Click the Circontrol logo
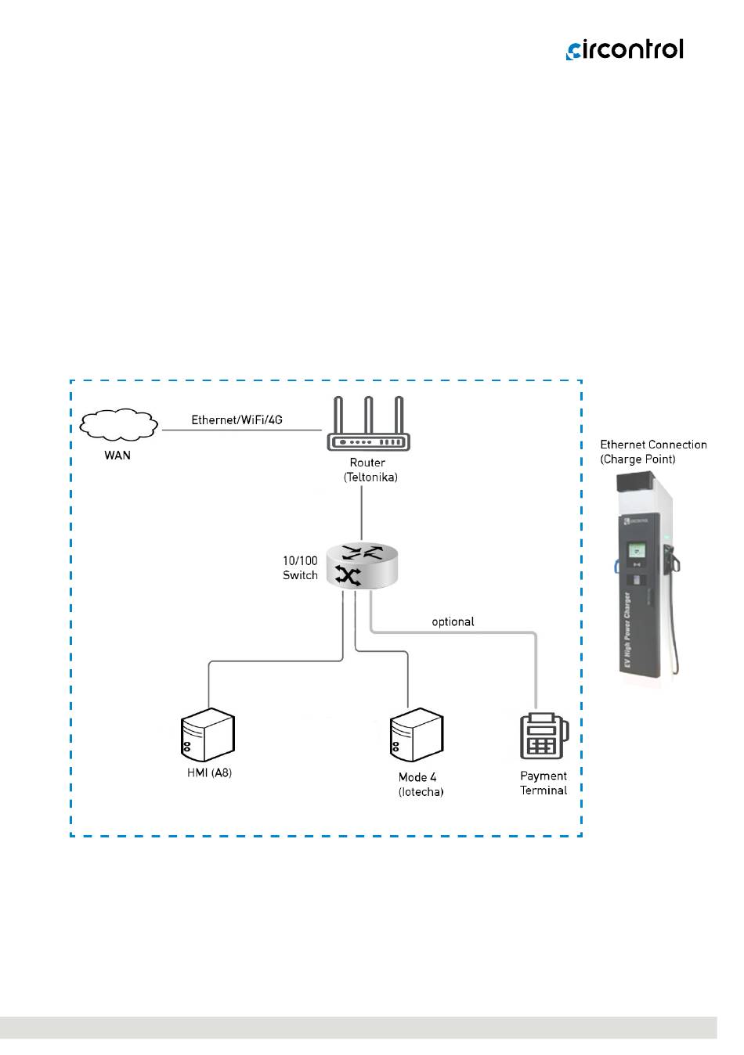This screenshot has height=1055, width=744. [x=624, y=49]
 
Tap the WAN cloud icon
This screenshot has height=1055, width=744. [x=117, y=424]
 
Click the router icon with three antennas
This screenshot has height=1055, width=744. [x=368, y=427]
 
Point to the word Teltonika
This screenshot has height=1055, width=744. [x=370, y=477]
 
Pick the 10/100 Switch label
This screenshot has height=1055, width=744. [x=300, y=568]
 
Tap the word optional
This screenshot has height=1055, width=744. [x=453, y=621]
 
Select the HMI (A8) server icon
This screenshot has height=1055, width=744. [x=208, y=736]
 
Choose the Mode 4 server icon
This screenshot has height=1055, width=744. [x=417, y=736]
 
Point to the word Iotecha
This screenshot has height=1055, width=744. [x=421, y=792]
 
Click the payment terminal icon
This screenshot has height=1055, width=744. [x=544, y=736]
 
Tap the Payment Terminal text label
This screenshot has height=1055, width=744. [x=544, y=783]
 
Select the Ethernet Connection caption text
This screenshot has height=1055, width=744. [x=653, y=445]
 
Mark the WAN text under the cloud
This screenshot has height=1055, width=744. [x=117, y=455]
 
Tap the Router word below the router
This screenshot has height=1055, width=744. [x=367, y=463]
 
